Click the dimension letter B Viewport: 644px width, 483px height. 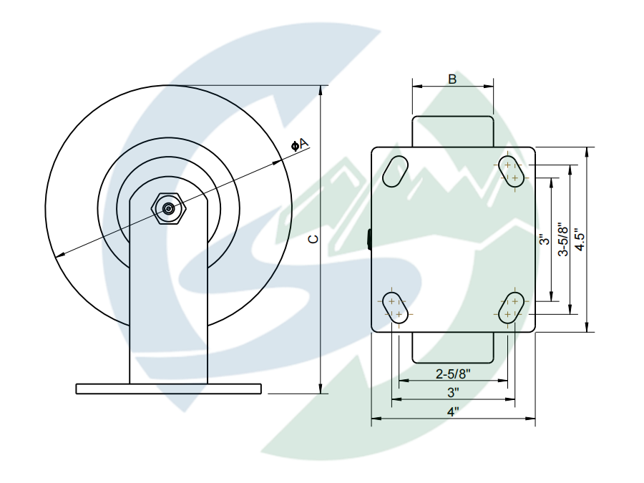click(x=452, y=79)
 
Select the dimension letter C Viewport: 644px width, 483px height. click(x=312, y=239)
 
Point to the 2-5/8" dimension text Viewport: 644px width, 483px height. click(x=453, y=373)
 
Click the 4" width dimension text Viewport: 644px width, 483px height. click(x=453, y=412)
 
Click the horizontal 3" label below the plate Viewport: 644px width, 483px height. click(x=453, y=392)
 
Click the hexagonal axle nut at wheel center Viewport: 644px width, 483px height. click(x=168, y=208)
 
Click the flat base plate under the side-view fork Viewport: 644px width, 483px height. click(x=168, y=389)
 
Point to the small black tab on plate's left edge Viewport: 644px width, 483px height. click(x=369, y=239)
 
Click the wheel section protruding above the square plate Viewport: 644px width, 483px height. click(x=452, y=132)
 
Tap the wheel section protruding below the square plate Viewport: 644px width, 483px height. click(x=452, y=348)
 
